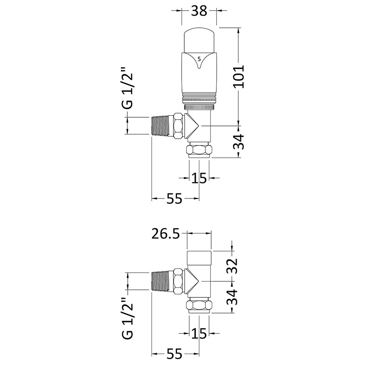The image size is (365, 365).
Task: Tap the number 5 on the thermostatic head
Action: (x=199, y=58)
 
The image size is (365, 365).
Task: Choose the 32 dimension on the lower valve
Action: (x=233, y=265)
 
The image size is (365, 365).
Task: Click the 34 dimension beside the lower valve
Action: (x=233, y=298)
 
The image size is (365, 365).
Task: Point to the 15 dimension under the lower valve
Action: (x=199, y=334)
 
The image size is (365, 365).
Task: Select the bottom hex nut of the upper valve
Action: (x=199, y=150)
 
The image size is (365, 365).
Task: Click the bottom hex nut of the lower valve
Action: (x=199, y=306)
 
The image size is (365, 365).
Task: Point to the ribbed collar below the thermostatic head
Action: (x=199, y=99)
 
